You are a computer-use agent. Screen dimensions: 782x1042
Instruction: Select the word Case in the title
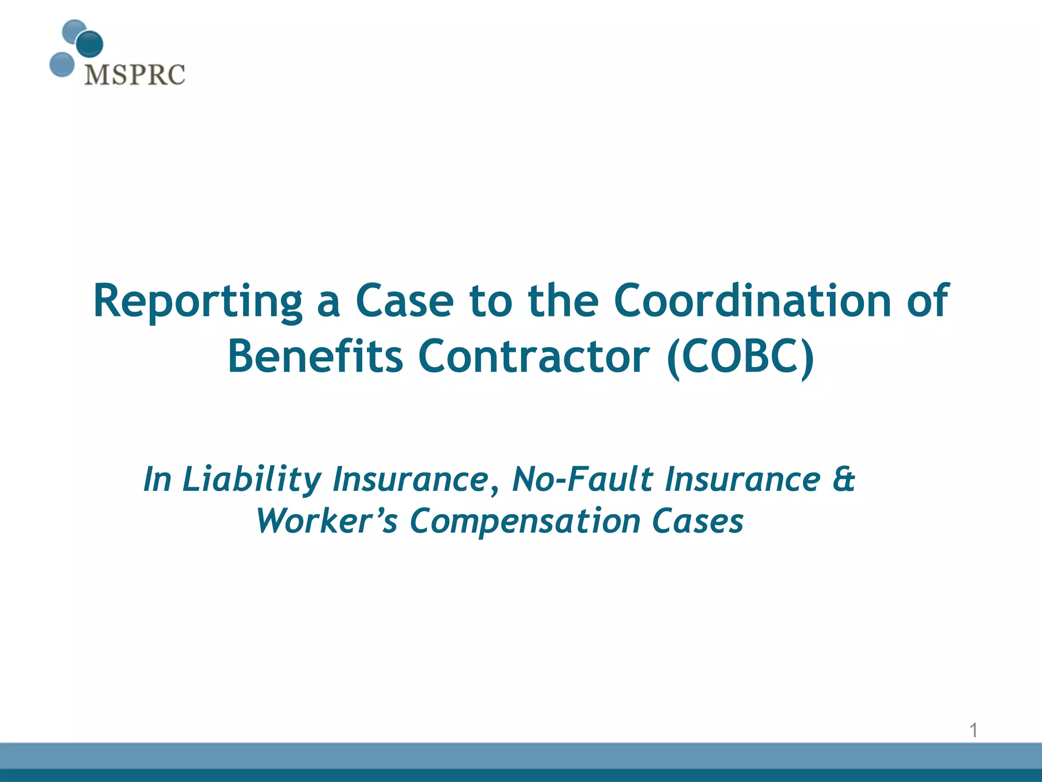tap(404, 301)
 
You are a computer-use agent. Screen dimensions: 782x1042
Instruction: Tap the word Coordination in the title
tap(752, 301)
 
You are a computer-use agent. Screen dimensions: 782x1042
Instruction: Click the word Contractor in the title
tap(534, 357)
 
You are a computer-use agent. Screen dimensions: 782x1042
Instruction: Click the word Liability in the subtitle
tap(252, 480)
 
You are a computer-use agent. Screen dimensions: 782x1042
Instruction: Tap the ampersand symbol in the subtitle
tap(844, 480)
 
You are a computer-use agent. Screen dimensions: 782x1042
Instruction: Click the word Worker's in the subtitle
tap(326, 521)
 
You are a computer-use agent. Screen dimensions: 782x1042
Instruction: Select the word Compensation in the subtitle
tap(525, 521)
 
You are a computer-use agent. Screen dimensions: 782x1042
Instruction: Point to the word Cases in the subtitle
tap(698, 521)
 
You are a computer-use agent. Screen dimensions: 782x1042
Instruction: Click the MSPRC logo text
tap(135, 75)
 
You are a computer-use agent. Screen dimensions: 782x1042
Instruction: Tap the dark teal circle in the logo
tap(90, 44)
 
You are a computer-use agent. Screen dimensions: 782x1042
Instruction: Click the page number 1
tap(973, 731)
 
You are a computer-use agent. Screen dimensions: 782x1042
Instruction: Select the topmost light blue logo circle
tap(74, 32)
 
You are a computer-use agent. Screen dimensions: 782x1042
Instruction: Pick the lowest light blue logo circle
tap(62, 65)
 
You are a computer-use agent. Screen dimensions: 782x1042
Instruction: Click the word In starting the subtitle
tap(157, 480)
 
